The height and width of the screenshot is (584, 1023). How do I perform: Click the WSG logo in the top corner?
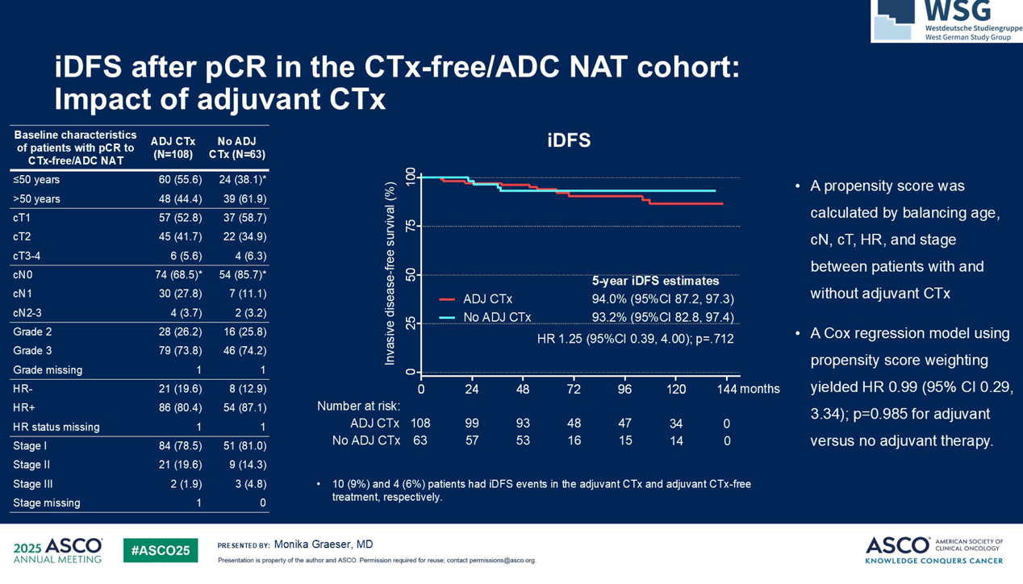tap(946, 20)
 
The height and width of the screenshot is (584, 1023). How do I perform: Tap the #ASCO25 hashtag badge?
tap(161, 550)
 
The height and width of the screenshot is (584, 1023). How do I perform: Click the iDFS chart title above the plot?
tap(569, 140)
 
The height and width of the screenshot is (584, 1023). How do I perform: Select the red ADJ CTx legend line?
tap(446, 299)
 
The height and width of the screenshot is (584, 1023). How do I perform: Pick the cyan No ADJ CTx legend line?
tap(446, 318)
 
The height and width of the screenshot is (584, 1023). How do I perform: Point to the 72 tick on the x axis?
tap(574, 389)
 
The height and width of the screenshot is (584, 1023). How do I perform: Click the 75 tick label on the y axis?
tap(411, 227)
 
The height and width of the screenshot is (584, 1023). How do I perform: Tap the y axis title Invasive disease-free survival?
tap(390, 273)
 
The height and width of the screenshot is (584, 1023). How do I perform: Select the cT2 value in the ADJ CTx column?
tap(180, 236)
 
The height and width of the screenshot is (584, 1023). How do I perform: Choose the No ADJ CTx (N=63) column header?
tap(236, 148)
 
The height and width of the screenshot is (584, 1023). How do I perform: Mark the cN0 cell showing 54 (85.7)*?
tap(243, 274)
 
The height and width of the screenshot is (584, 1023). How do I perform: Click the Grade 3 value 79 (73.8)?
tap(180, 351)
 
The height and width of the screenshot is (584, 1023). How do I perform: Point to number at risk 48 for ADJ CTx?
tap(574, 423)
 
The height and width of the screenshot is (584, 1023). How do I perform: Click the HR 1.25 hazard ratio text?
tap(635, 339)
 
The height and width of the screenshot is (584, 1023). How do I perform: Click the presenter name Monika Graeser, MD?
tap(324, 544)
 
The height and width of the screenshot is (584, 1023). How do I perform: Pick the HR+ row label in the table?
tap(24, 408)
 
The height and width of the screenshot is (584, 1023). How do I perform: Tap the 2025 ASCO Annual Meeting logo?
tap(58, 550)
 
